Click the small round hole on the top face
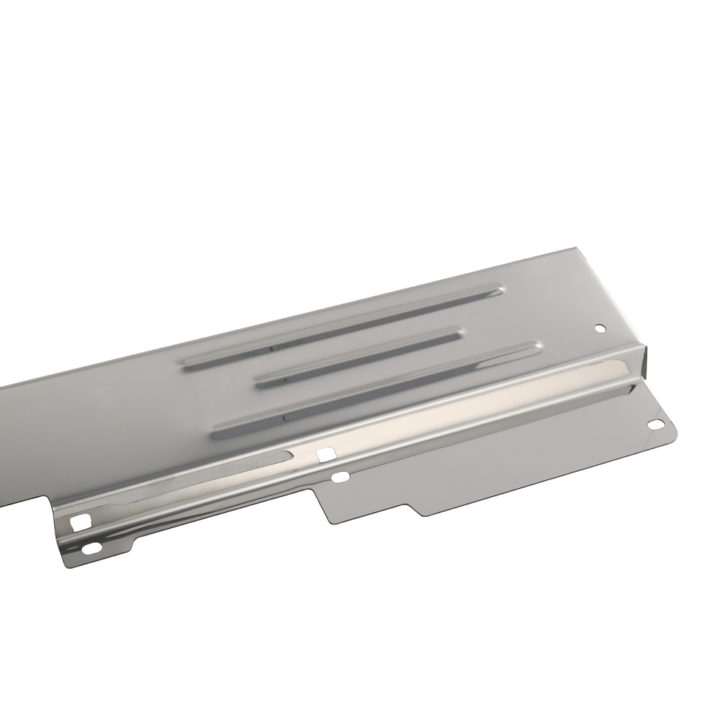600,328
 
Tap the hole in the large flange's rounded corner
656,425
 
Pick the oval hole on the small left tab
92,548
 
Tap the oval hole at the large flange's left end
339,478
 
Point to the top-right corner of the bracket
576,250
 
